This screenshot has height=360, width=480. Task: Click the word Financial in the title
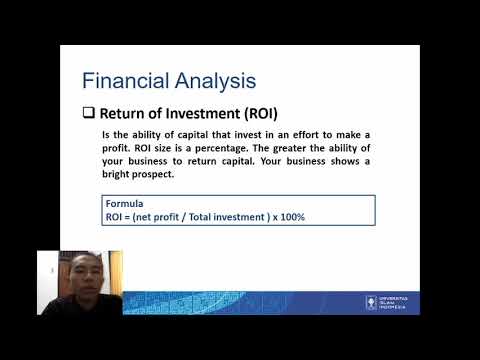[118, 79]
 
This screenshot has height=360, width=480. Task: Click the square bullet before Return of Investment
[88, 112]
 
